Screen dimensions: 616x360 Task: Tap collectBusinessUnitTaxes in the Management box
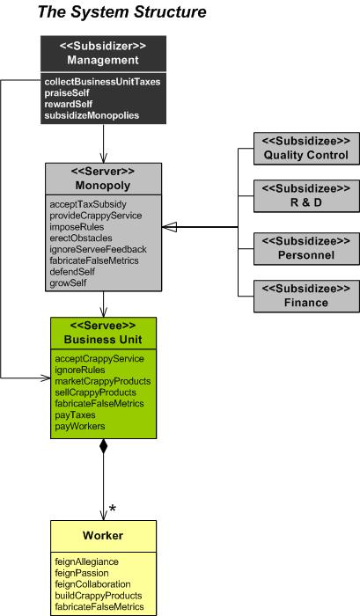pos(102,82)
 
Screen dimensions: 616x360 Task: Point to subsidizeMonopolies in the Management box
pos(92,115)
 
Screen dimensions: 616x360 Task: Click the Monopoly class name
pos(104,186)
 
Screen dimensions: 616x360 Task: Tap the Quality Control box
pos(306,148)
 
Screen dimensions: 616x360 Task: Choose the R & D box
pos(306,196)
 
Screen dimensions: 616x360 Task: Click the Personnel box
pos(306,246)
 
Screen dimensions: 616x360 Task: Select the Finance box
pos(306,295)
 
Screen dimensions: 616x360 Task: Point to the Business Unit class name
pos(102,340)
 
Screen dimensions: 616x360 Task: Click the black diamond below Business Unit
pos(104,447)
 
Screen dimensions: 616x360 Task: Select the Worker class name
pos(103,536)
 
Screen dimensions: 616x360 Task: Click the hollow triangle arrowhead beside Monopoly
pos(169,227)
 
